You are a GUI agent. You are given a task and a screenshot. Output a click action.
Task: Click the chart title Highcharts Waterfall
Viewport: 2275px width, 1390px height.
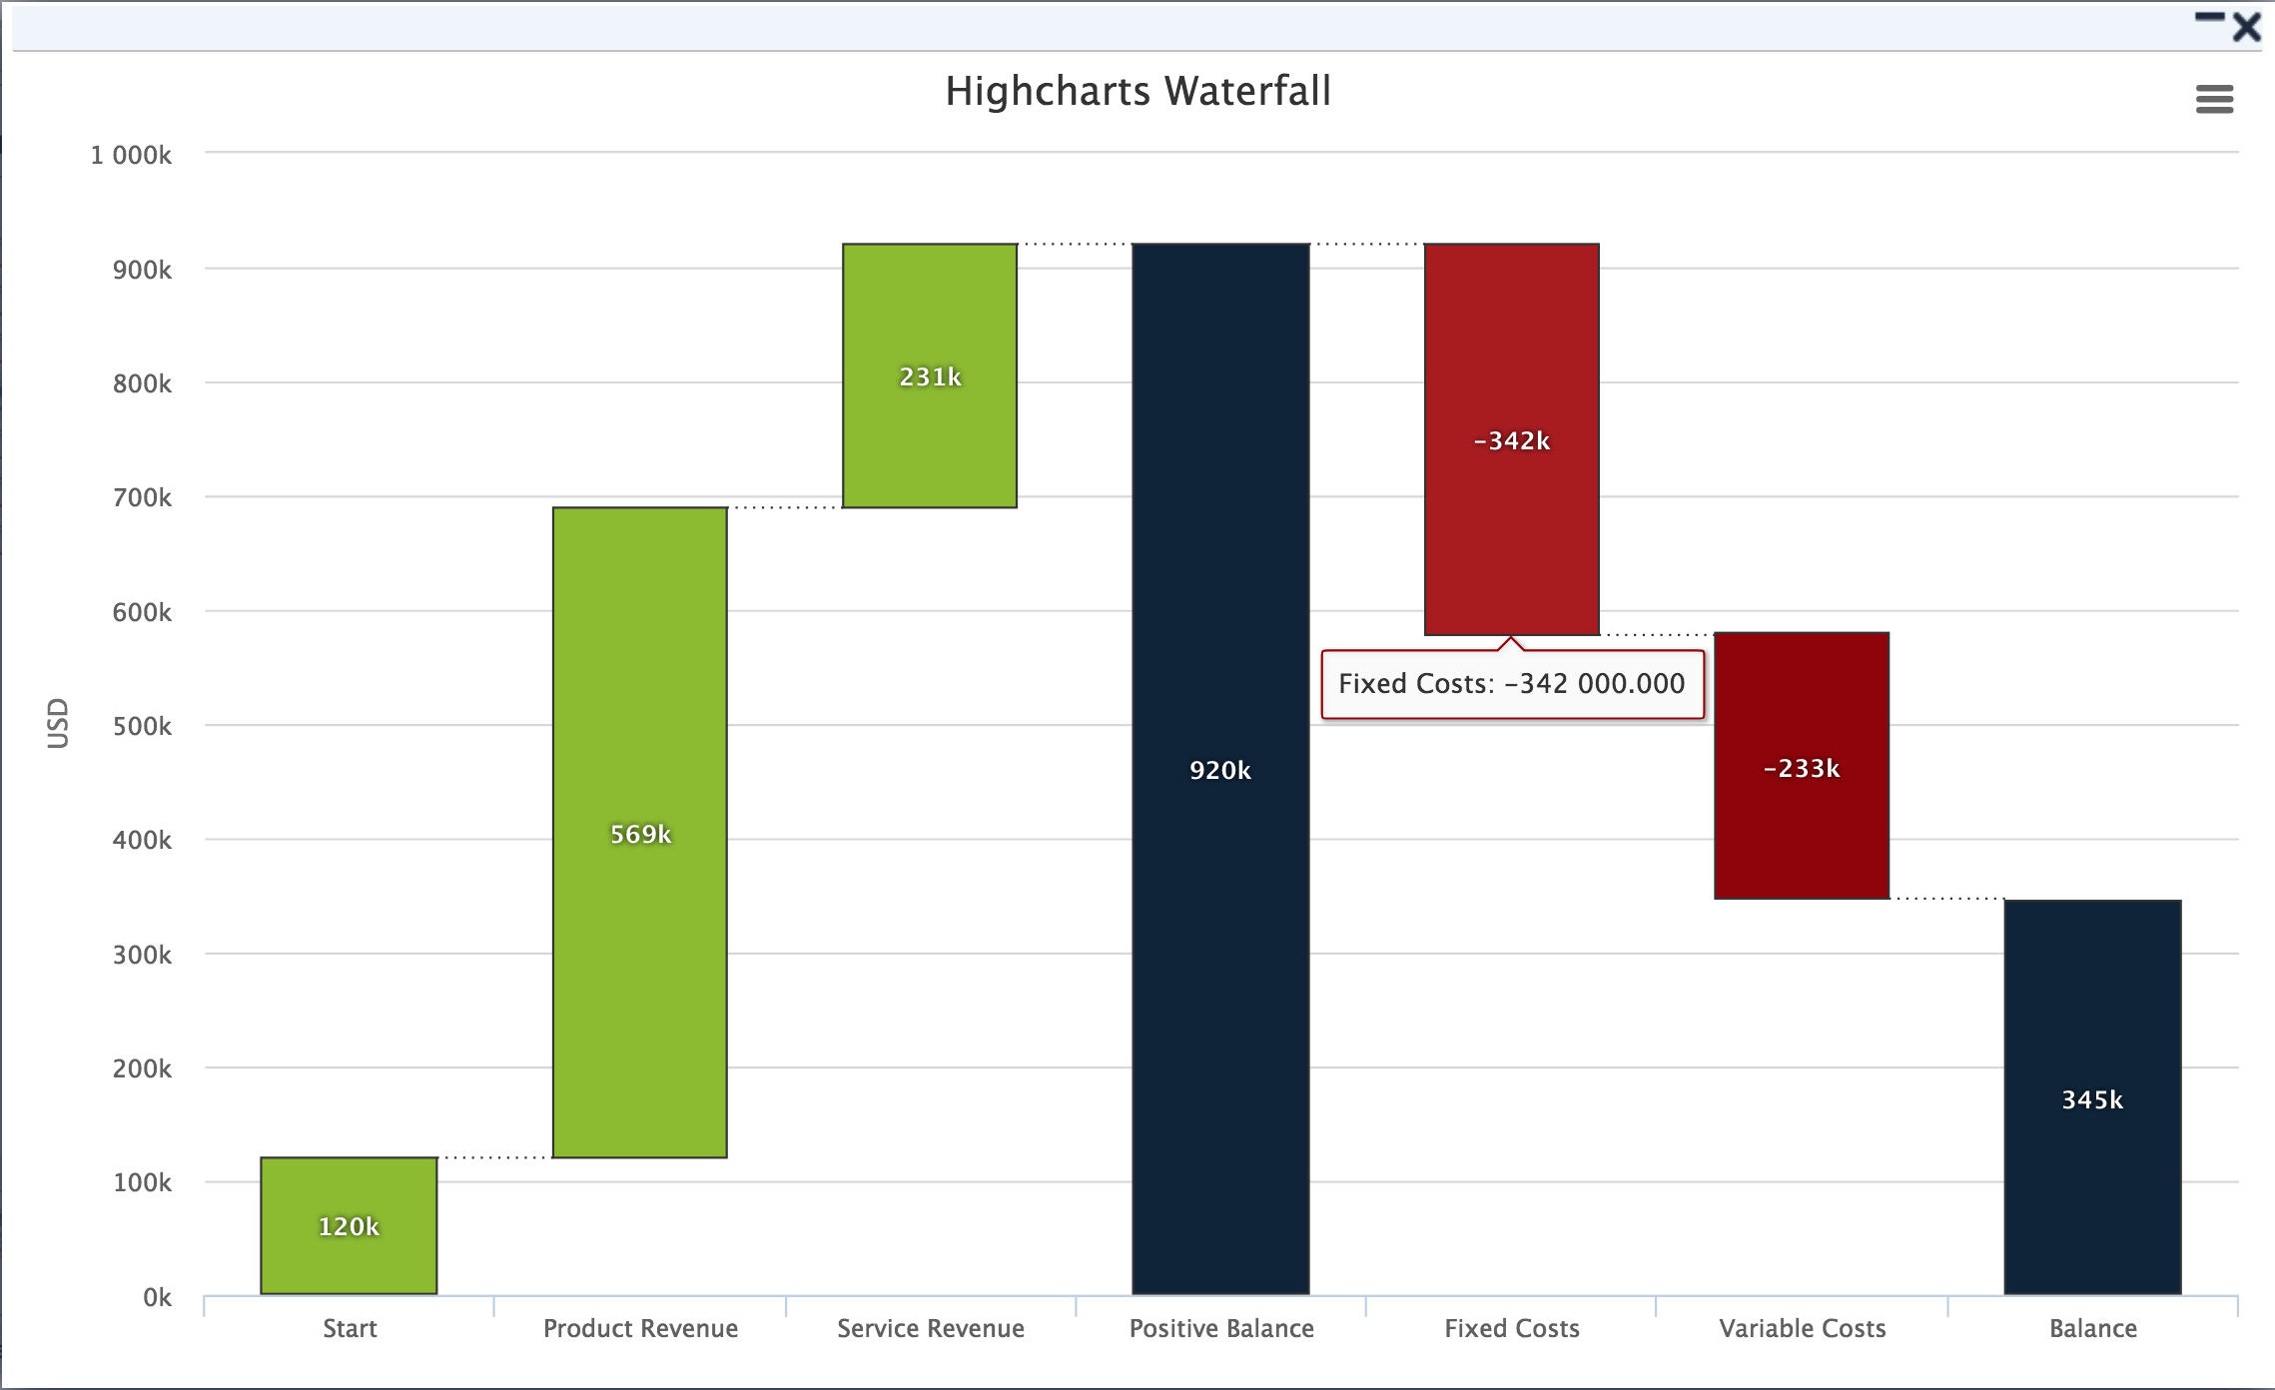(1137, 91)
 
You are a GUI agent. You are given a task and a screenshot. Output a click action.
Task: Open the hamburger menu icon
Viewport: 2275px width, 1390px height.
(2214, 99)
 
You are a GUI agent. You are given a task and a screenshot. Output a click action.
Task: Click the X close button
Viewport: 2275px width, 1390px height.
(2246, 27)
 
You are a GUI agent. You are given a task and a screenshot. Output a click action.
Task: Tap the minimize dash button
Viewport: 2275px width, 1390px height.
(2209, 17)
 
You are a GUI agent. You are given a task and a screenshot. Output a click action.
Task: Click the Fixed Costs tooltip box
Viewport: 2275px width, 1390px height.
(1512, 684)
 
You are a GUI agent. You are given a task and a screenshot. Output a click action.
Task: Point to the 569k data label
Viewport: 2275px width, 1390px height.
(640, 834)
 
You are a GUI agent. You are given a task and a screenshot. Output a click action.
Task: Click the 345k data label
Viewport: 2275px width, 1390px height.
(2092, 1099)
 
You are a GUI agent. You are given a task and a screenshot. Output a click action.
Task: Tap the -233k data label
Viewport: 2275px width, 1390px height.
(1802, 768)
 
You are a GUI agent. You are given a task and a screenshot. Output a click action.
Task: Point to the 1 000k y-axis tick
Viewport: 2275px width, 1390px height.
(131, 155)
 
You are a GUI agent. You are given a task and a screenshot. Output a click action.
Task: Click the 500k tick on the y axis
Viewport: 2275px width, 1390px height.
(142, 726)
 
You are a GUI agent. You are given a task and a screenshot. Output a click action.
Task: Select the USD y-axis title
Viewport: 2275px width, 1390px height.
(58, 723)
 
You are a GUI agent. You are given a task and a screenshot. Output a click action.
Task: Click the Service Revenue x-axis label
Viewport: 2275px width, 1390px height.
(931, 1328)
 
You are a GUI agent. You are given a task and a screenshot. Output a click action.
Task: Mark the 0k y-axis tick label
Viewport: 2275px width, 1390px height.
(157, 1297)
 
